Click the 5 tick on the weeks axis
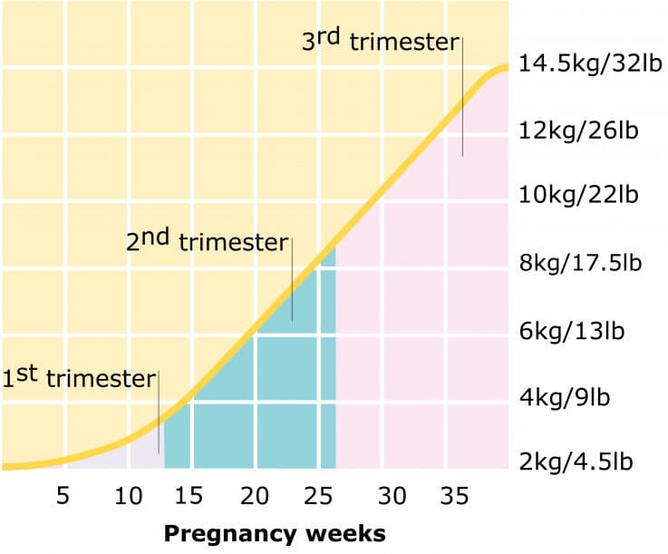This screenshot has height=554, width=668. (x=63, y=496)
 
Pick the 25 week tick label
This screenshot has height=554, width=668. (x=318, y=496)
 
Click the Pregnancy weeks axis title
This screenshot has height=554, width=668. (x=274, y=532)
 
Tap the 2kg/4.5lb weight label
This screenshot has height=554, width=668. (x=575, y=462)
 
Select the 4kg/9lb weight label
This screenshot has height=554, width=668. (x=565, y=397)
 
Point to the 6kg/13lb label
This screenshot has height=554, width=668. (x=570, y=331)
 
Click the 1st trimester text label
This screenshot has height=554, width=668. (x=79, y=376)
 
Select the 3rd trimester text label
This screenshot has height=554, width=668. (x=380, y=42)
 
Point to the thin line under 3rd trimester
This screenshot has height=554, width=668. (x=462, y=100)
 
